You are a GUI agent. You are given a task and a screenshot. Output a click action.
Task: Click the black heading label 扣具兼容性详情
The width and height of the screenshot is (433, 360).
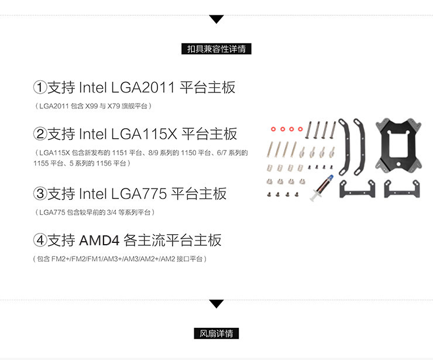point(216,49)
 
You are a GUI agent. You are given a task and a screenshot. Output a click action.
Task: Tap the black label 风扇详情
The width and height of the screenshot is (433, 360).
point(216,334)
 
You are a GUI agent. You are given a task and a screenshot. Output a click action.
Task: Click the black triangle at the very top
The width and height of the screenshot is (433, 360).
point(216,19)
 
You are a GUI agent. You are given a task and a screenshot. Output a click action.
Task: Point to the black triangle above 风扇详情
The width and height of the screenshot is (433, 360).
point(216,304)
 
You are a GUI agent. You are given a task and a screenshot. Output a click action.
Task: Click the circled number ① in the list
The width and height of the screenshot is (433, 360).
point(40,88)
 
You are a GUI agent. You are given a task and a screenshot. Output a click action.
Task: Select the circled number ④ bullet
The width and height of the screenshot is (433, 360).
point(40,240)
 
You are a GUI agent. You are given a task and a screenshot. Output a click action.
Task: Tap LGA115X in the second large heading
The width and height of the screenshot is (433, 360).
point(143,134)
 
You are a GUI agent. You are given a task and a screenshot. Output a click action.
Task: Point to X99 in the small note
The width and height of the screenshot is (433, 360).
point(92,106)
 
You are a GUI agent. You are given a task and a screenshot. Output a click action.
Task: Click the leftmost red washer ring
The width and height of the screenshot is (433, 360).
point(274,128)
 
